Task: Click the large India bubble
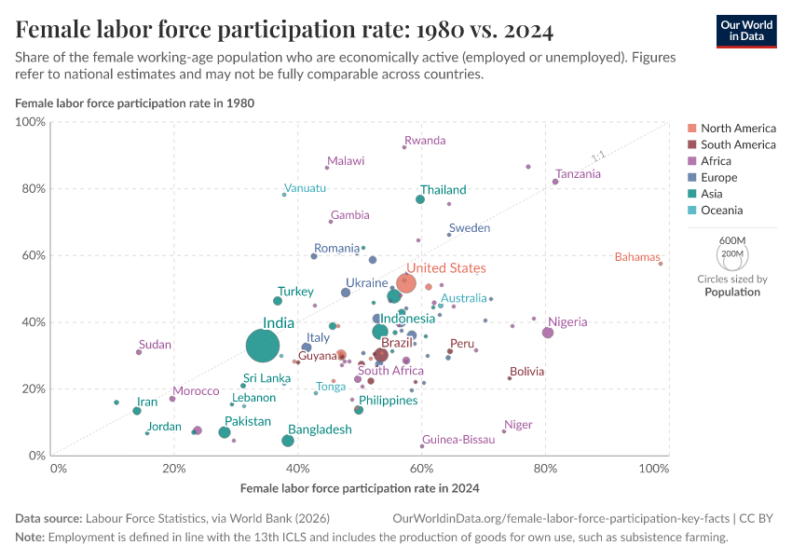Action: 264,346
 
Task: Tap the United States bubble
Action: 406,283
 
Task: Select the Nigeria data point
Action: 548,333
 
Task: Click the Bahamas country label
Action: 637,257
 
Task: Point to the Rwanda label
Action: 425,141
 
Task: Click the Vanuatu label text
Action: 306,188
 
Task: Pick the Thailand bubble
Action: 420,199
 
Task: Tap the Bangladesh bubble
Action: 288,441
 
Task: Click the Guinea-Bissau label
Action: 458,439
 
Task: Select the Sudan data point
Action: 139,352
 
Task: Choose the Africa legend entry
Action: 716,161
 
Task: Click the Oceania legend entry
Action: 722,211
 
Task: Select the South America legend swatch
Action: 691,144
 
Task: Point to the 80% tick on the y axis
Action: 34,188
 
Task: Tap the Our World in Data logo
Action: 746,31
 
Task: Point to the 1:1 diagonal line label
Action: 598,157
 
